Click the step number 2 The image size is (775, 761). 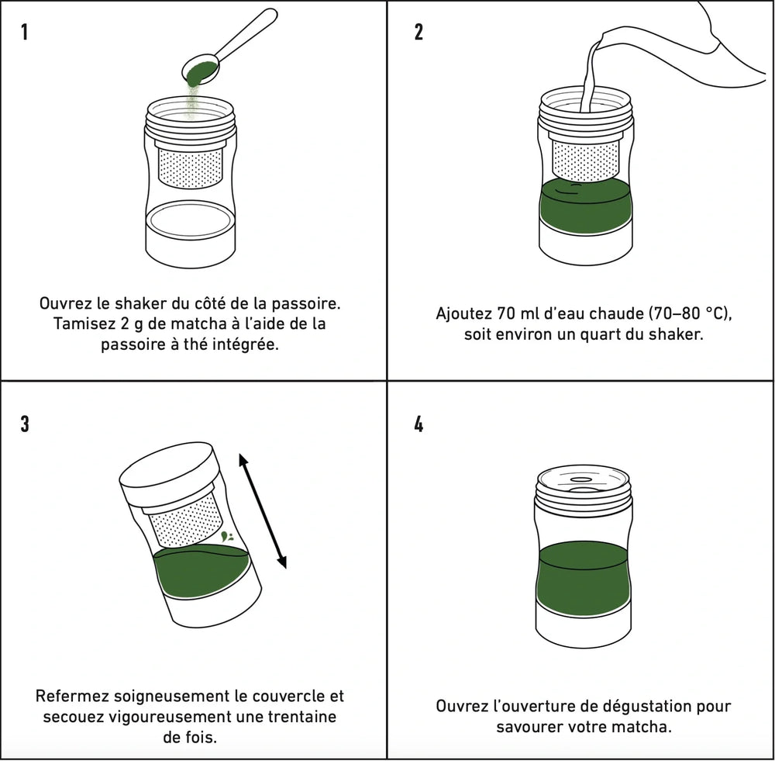pos(418,33)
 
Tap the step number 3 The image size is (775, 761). pos(25,424)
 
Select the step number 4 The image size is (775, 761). pos(419,424)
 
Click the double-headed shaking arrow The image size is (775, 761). pos(262,512)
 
